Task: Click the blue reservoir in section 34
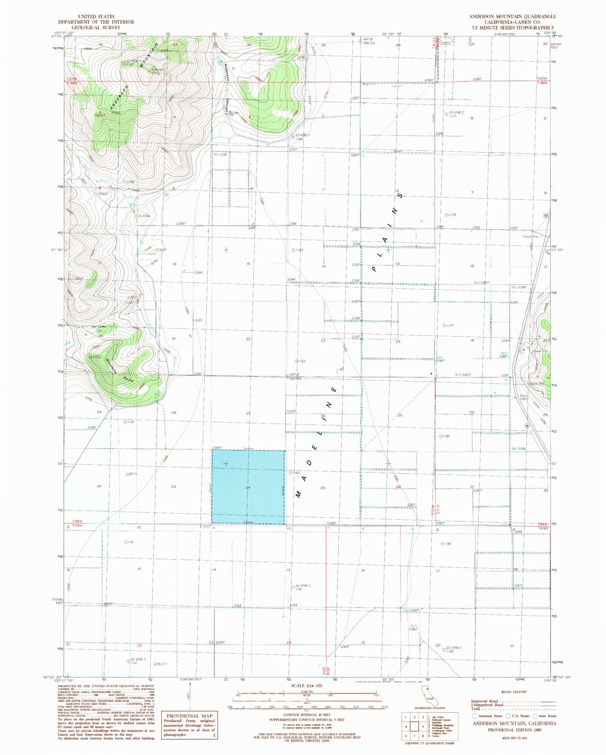(248, 487)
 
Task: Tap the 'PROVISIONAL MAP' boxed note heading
(189, 716)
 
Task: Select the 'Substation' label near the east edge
(530, 236)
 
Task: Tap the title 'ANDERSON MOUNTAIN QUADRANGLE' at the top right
(512, 17)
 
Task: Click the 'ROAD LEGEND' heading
(513, 692)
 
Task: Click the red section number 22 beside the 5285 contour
(248, 339)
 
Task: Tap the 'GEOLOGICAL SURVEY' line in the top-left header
(96, 27)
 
